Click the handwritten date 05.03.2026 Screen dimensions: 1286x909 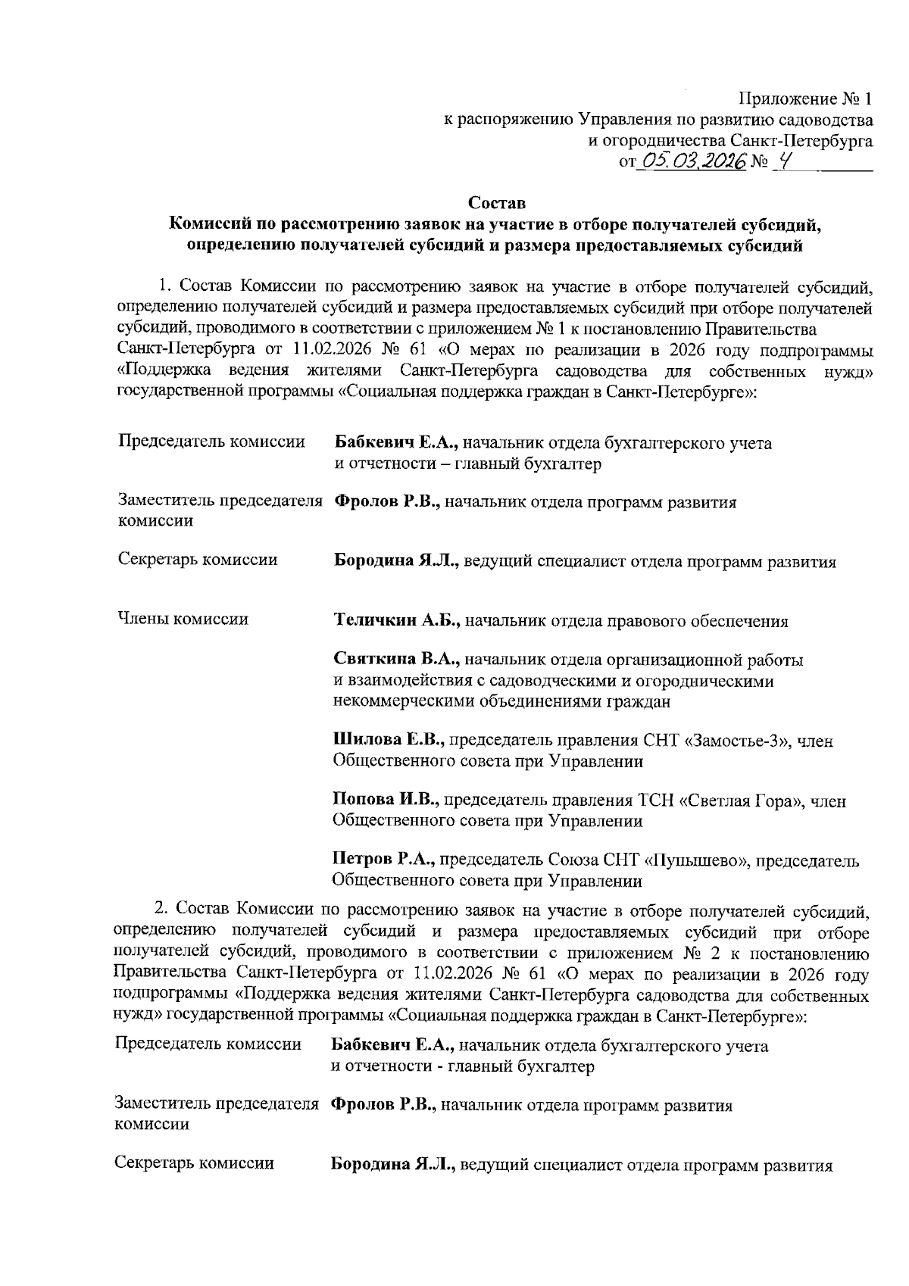pos(693,161)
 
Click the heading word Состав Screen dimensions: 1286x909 pos(496,204)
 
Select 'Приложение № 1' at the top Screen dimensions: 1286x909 pos(805,99)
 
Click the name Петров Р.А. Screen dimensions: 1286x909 pos(383,860)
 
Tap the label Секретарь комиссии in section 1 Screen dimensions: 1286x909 pos(198,560)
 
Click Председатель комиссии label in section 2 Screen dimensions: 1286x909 pos(208,1045)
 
